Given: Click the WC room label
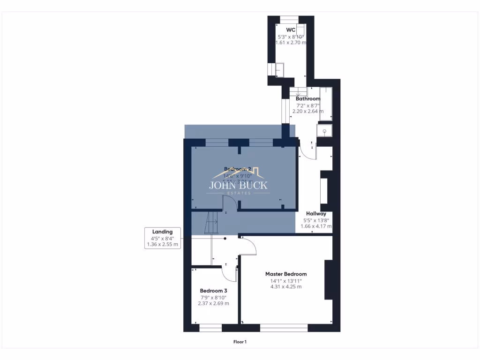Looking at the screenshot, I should coord(290,29).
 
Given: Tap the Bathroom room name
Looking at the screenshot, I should coord(308,99).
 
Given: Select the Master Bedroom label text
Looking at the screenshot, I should coord(285,274).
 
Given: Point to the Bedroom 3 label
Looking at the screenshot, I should coord(213,291).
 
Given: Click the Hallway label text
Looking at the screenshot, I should coord(316,214).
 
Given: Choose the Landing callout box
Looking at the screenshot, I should coord(162,238).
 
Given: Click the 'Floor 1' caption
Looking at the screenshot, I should coord(240,342).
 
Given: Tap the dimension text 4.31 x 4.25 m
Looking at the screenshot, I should coord(285,287).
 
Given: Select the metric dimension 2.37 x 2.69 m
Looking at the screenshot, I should coord(213,303).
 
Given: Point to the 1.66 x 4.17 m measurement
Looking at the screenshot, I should coord(316,226).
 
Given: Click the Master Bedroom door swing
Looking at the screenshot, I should coord(248,246).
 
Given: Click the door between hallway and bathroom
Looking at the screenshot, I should coord(307,150).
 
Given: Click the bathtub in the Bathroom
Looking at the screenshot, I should coord(326,103).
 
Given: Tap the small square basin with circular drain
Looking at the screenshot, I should coord(324,130).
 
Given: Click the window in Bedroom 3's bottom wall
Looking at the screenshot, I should coord(210,328).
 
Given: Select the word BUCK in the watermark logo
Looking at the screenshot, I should coord(253,185).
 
